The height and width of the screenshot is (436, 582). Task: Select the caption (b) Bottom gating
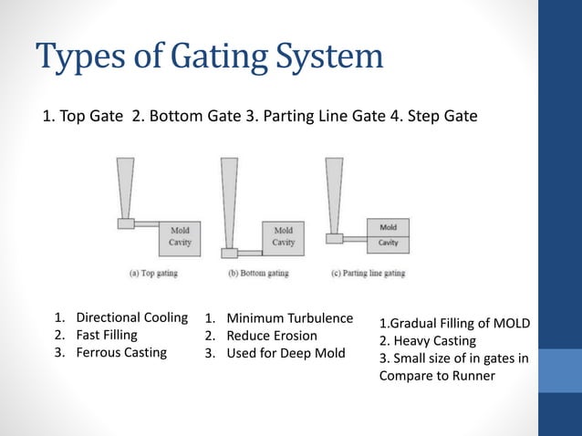pyautogui.click(x=257, y=273)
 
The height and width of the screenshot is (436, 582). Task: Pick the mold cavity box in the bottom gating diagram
pyautogui.click(x=283, y=237)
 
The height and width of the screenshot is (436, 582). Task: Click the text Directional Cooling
pyautogui.click(x=131, y=318)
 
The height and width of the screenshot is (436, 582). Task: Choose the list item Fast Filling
pyautogui.click(x=107, y=335)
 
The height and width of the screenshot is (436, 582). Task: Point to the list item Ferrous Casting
pyautogui.click(x=121, y=352)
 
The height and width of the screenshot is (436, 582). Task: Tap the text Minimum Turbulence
pyautogui.click(x=289, y=318)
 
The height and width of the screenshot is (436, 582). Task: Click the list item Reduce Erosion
pyautogui.click(x=271, y=336)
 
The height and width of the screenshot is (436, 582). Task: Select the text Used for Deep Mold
pyautogui.click(x=286, y=352)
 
